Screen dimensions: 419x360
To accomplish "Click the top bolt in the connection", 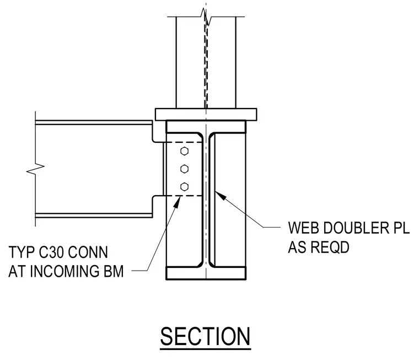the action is pyautogui.click(x=184, y=151).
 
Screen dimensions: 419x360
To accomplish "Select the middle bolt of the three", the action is pyautogui.click(x=184, y=169).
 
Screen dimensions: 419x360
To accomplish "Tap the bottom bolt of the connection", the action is pyautogui.click(x=184, y=186).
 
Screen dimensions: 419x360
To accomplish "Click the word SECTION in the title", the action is pyautogui.click(x=205, y=336).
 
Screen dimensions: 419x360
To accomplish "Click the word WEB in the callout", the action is pyautogui.click(x=302, y=228).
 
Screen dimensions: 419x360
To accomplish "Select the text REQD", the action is pyautogui.click(x=330, y=247).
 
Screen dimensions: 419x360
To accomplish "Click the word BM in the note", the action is pyautogui.click(x=114, y=271).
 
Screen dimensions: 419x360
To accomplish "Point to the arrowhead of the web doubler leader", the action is pyautogui.click(x=219, y=195).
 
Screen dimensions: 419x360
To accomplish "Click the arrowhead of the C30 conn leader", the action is pyautogui.click(x=177, y=202).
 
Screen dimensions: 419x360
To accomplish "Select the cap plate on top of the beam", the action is pyautogui.click(x=206, y=114).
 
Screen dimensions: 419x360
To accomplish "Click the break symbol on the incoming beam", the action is pyautogui.click(x=35, y=169).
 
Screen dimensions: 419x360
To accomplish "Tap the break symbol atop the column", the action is pyautogui.click(x=206, y=17).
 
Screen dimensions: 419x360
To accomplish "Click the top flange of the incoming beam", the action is pyautogui.click(x=94, y=122).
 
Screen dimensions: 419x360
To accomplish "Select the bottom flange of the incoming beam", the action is pyautogui.click(x=94, y=216).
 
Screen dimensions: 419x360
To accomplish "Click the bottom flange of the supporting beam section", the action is pyautogui.click(x=206, y=273).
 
